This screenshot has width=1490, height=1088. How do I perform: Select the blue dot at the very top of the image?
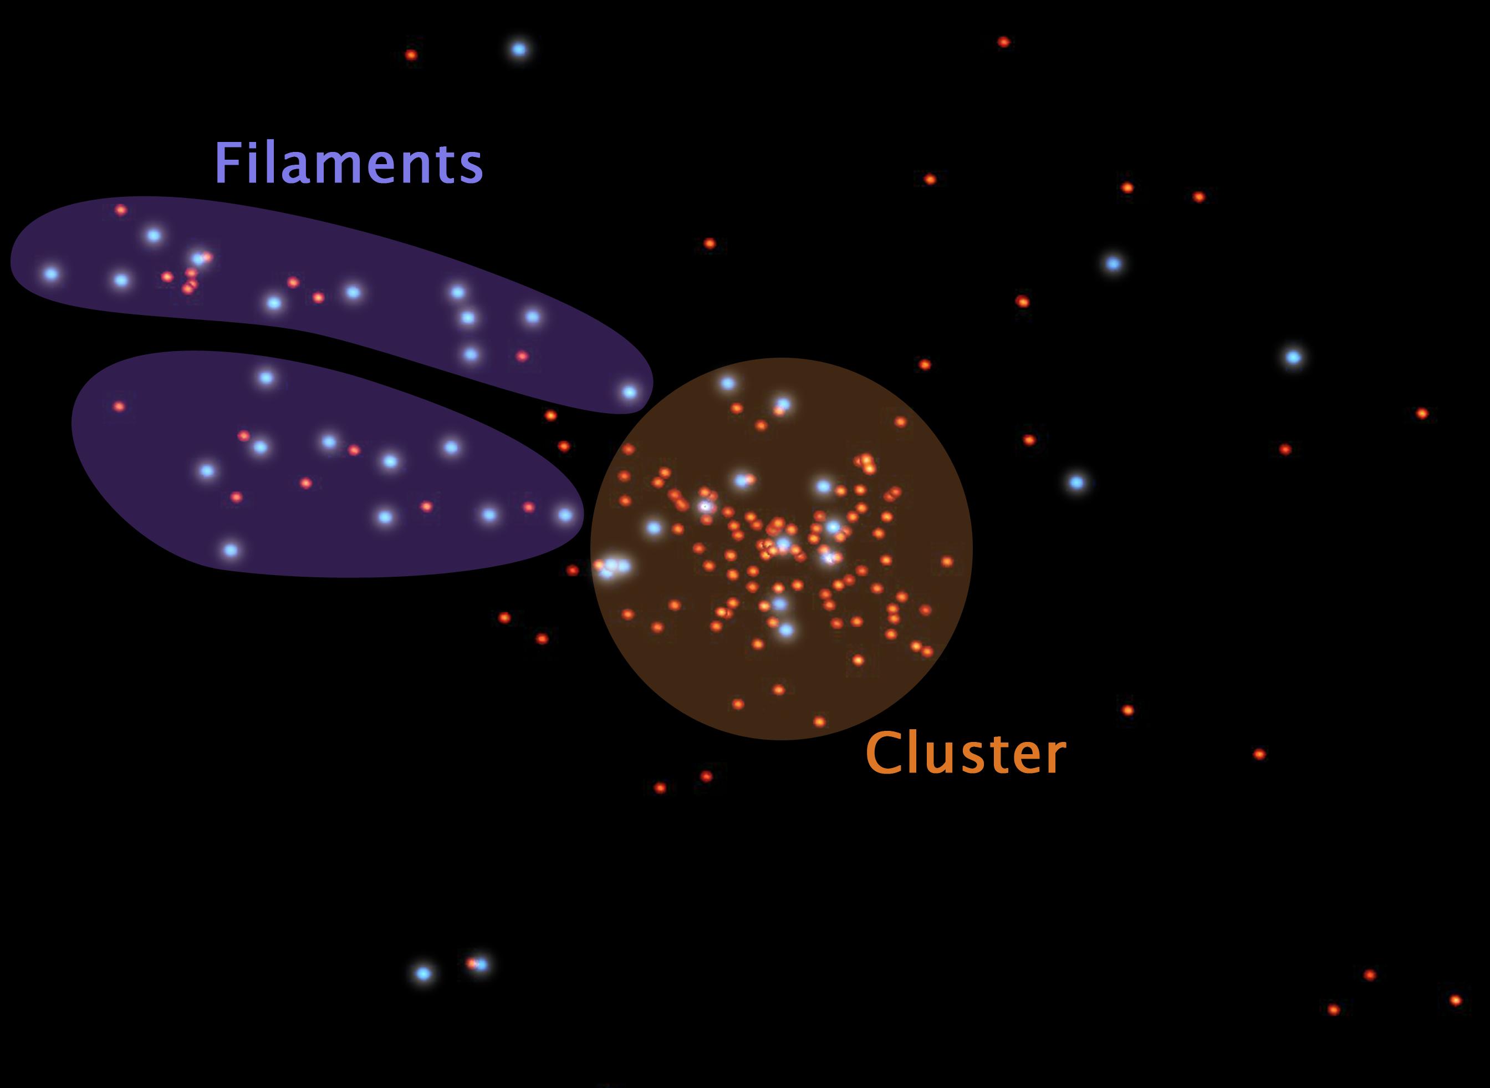(519, 49)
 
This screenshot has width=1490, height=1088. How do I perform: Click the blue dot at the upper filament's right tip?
(630, 392)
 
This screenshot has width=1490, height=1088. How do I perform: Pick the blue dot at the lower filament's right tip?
(565, 515)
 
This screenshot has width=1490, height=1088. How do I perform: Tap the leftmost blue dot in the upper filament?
(50, 274)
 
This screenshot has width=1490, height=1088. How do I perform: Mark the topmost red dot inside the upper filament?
(120, 210)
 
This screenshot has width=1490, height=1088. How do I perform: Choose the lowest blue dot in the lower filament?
(231, 550)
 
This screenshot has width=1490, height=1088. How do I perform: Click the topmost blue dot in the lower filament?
(266, 378)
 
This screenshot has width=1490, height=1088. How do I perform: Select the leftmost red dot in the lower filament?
(119, 407)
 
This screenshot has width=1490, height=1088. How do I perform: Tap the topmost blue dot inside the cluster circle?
(727, 383)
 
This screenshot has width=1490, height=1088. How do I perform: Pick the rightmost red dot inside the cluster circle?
(947, 562)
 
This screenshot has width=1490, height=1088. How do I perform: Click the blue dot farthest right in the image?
(1294, 358)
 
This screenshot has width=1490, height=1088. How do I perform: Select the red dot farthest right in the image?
(1456, 1000)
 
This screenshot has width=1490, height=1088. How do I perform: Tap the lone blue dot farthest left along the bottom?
(423, 973)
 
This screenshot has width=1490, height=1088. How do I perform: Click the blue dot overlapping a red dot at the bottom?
(481, 965)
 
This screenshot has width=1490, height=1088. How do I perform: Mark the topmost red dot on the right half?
(1003, 42)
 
